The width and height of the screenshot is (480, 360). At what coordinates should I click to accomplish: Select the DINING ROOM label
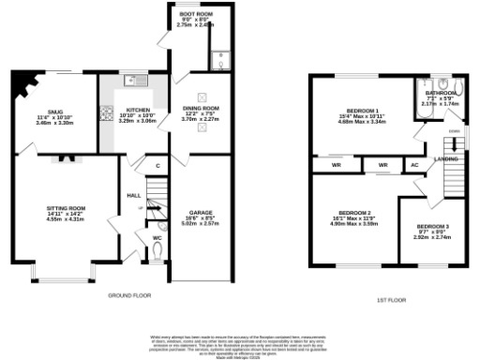200,109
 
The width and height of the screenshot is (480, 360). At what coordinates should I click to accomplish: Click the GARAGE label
200,214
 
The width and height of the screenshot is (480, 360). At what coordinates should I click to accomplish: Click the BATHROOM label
440,95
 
